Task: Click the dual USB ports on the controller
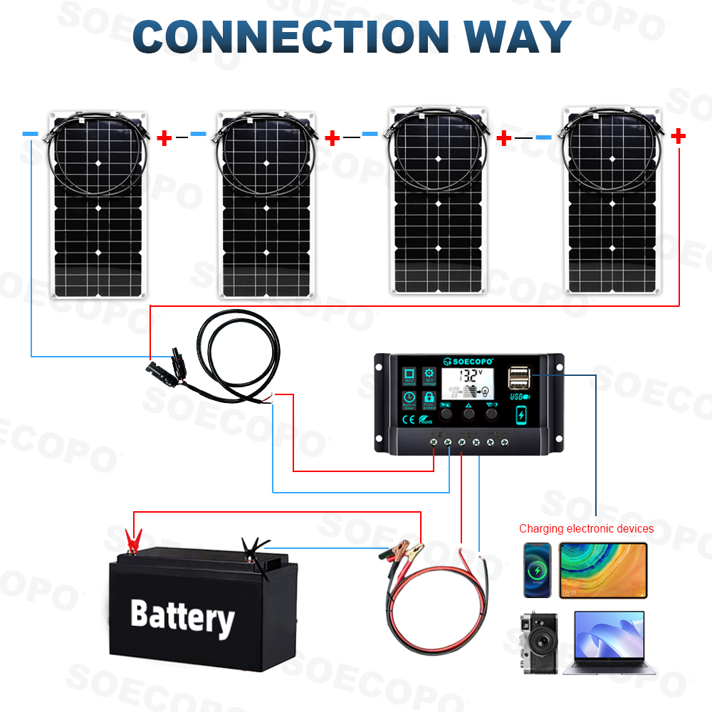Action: click(x=519, y=377)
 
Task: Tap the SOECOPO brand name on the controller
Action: click(x=471, y=360)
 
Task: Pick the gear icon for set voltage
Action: click(x=429, y=375)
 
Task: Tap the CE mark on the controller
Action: click(x=409, y=419)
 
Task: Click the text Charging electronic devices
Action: click(x=586, y=528)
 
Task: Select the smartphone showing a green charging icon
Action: click(x=538, y=570)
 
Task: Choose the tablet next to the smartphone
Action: click(x=603, y=570)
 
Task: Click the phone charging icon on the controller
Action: click(x=522, y=414)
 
